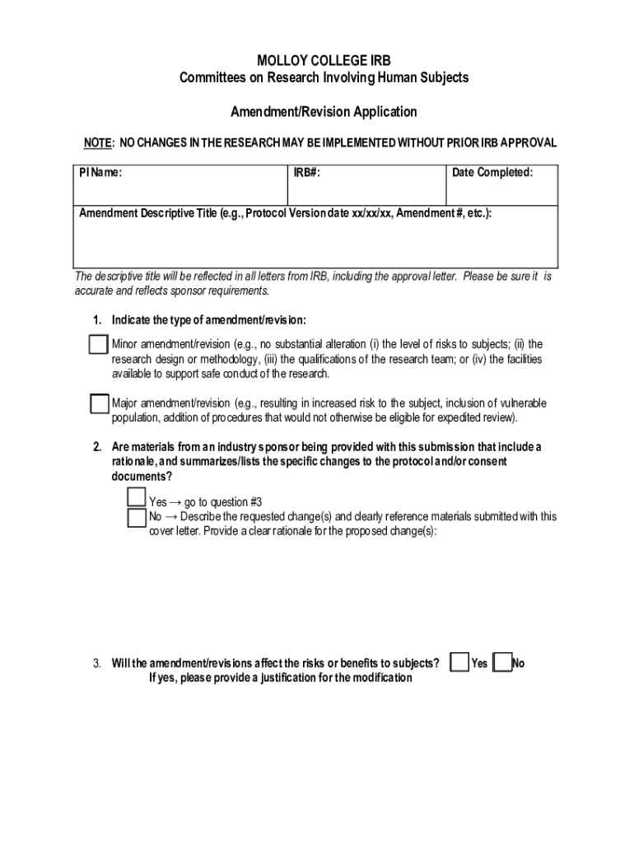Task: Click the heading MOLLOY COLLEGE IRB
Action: click(x=324, y=61)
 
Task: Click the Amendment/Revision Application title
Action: click(x=324, y=111)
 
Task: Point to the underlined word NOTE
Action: click(x=98, y=143)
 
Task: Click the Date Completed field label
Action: click(x=492, y=173)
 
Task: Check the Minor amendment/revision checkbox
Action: click(x=98, y=344)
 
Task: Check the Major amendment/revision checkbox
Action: click(x=100, y=404)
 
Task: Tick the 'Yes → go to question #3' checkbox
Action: click(x=137, y=497)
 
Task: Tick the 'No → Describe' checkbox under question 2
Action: click(x=137, y=517)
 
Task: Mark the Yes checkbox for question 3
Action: click(x=460, y=663)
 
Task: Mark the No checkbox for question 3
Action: click(x=501, y=663)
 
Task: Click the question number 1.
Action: click(x=96, y=320)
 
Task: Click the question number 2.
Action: click(x=96, y=447)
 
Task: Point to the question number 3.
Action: click(x=96, y=664)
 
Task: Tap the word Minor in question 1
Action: click(x=124, y=344)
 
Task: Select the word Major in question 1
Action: click(x=125, y=404)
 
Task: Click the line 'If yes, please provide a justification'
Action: click(x=280, y=678)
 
